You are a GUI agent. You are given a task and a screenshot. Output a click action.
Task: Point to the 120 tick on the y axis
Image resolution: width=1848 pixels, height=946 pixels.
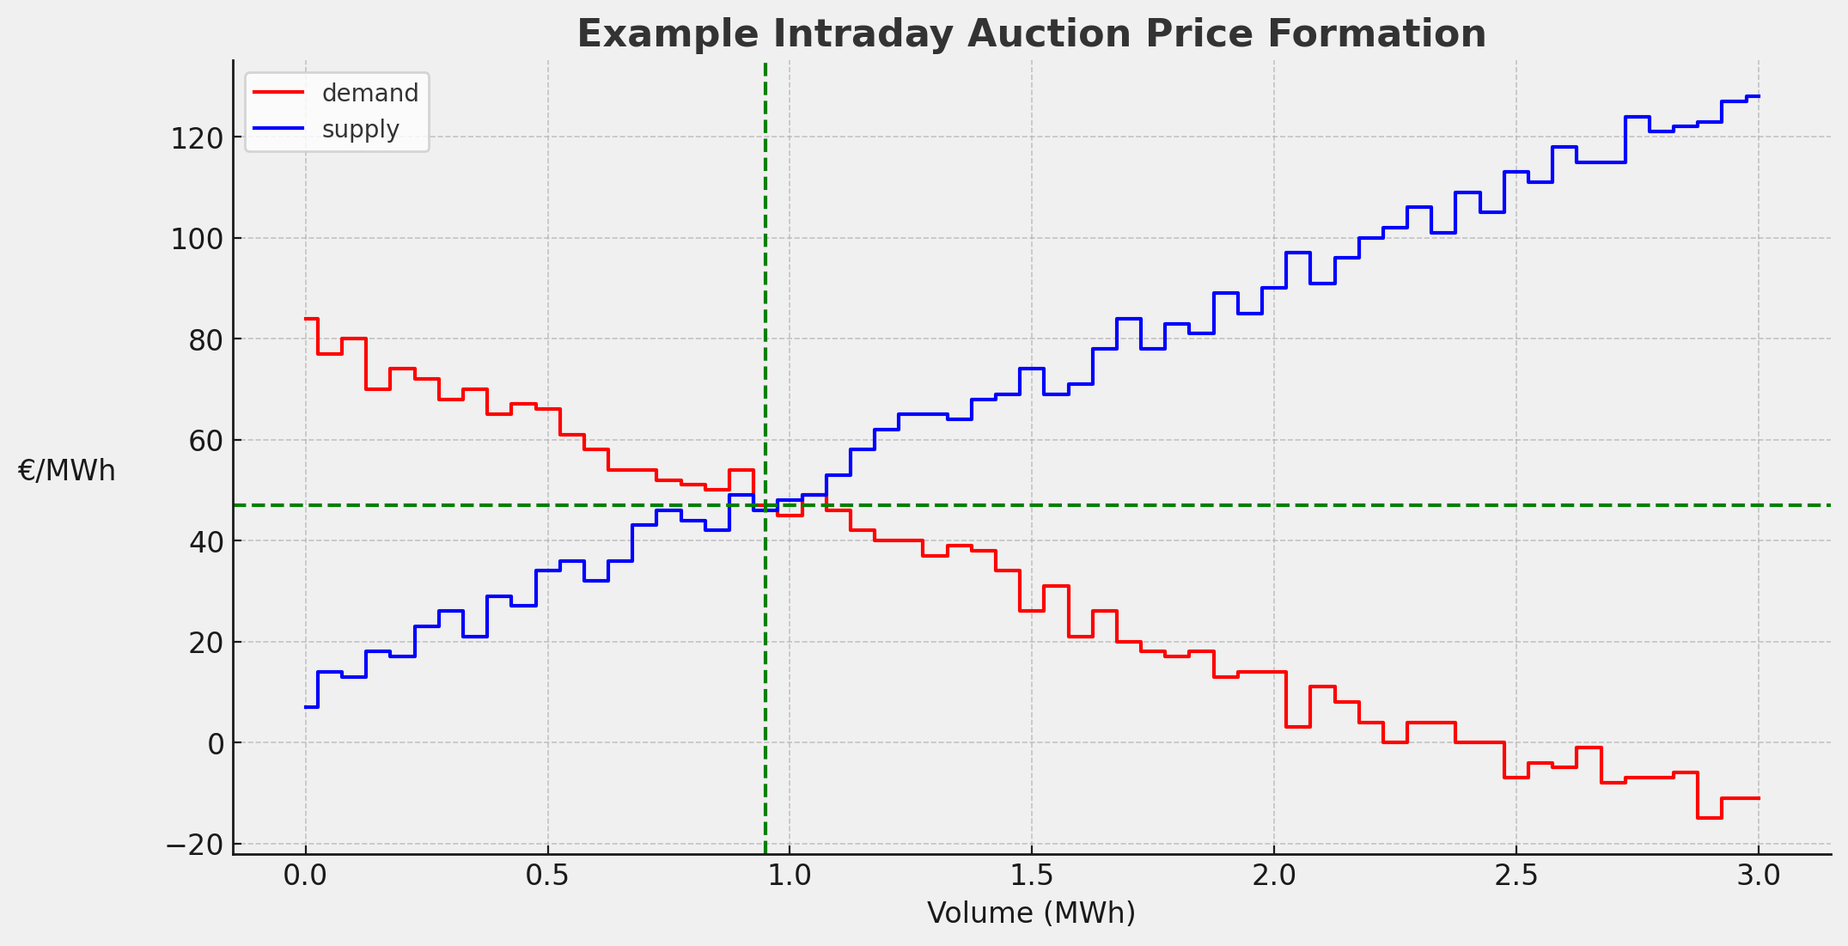tap(197, 137)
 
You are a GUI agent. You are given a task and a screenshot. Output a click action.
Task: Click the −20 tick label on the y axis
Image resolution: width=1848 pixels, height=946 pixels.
tap(194, 845)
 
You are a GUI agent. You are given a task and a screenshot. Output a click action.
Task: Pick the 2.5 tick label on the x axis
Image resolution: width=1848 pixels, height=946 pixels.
tap(1516, 876)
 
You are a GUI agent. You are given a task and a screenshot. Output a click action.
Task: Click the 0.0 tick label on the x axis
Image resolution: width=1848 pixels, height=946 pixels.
tap(305, 876)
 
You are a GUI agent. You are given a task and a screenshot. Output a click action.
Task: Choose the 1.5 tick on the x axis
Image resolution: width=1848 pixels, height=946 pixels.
tap(1031, 876)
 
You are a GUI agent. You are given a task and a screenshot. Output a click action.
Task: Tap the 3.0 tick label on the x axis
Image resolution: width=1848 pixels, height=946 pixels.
tap(1758, 876)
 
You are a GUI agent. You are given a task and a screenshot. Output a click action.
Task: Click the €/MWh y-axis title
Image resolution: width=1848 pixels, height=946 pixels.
tap(66, 471)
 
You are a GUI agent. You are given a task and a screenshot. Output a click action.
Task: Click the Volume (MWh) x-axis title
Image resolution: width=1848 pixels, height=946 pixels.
tap(1031, 913)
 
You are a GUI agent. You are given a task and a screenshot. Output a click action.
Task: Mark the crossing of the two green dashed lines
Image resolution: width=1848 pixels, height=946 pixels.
tap(765, 505)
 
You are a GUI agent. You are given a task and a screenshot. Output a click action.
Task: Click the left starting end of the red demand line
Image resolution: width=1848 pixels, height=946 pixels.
tap(306, 319)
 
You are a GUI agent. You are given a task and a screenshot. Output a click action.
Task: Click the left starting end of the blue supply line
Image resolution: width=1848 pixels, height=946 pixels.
tap(306, 707)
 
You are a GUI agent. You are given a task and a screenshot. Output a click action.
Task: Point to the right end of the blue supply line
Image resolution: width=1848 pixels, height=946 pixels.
tap(1758, 96)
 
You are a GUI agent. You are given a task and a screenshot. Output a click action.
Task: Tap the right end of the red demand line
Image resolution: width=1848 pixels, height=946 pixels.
tap(1758, 798)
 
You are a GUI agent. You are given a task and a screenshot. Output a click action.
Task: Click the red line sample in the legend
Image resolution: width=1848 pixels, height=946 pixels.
tap(279, 92)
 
